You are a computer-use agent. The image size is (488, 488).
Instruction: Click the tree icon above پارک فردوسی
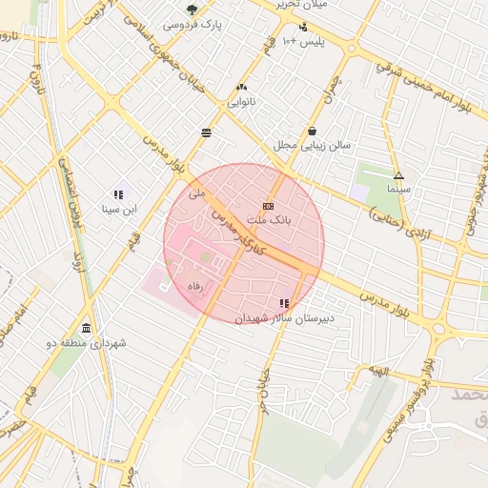pyautogui.click(x=193, y=10)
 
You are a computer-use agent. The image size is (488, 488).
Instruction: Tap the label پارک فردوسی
pyautogui.click(x=193, y=24)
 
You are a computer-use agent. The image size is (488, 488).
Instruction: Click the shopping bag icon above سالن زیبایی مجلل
pyautogui.click(x=312, y=132)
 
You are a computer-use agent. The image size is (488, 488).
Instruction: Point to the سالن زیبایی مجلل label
pyautogui.click(x=312, y=146)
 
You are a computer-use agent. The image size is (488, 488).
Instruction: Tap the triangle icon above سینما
pyautogui.click(x=398, y=175)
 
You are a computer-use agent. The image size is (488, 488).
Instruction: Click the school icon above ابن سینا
pyautogui.click(x=119, y=194)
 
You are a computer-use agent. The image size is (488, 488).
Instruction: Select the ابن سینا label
pyautogui.click(x=119, y=208)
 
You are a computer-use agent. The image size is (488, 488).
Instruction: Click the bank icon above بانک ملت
pyautogui.click(x=268, y=206)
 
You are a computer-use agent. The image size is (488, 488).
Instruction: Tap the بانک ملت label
pyautogui.click(x=267, y=220)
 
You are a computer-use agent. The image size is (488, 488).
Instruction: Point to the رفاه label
pyautogui.click(x=195, y=285)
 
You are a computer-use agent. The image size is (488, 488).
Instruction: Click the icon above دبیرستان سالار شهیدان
pyautogui.click(x=283, y=303)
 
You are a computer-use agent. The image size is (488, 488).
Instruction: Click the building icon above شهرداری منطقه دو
pyautogui.click(x=87, y=329)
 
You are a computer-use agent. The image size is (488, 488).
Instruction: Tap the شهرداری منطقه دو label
pyautogui.click(x=86, y=342)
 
